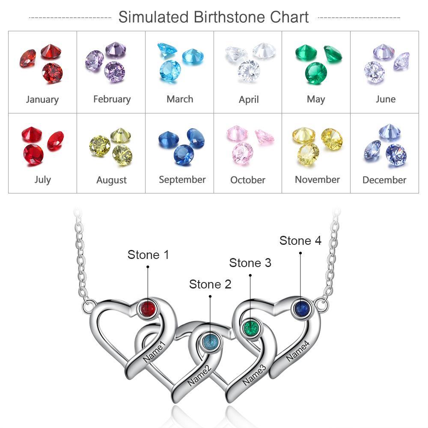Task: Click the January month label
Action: [42, 100]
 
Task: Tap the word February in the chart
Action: [112, 99]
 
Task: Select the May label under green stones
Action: [316, 99]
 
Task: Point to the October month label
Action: [247, 180]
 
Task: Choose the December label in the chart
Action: [384, 180]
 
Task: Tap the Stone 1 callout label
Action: [148, 255]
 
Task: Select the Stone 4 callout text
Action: [300, 241]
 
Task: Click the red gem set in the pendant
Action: [148, 309]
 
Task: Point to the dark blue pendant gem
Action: [302, 309]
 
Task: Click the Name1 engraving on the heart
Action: [154, 351]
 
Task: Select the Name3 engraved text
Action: [254, 375]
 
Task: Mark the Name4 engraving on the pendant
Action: [298, 351]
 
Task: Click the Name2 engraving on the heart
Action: [199, 375]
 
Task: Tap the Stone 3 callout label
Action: [250, 263]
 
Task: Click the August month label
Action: [111, 180]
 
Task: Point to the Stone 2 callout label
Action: [210, 284]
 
